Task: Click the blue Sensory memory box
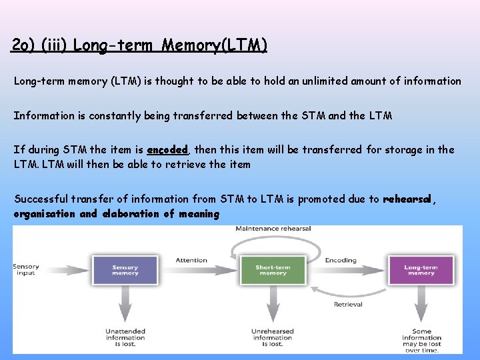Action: [125, 269]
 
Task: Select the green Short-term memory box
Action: [273, 269]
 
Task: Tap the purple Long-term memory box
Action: [421, 269]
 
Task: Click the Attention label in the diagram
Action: [191, 260]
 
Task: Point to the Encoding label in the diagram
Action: [341, 260]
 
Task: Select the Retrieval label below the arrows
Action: [348, 304]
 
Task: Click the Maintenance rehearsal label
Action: [273, 229]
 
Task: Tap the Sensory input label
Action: [26, 269]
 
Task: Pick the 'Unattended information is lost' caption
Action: [125, 337]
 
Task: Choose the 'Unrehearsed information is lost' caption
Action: [273, 337]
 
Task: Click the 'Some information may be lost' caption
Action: [421, 340]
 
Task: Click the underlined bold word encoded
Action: [168, 150]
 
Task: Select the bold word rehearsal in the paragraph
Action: [407, 199]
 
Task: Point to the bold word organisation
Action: [45, 214]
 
